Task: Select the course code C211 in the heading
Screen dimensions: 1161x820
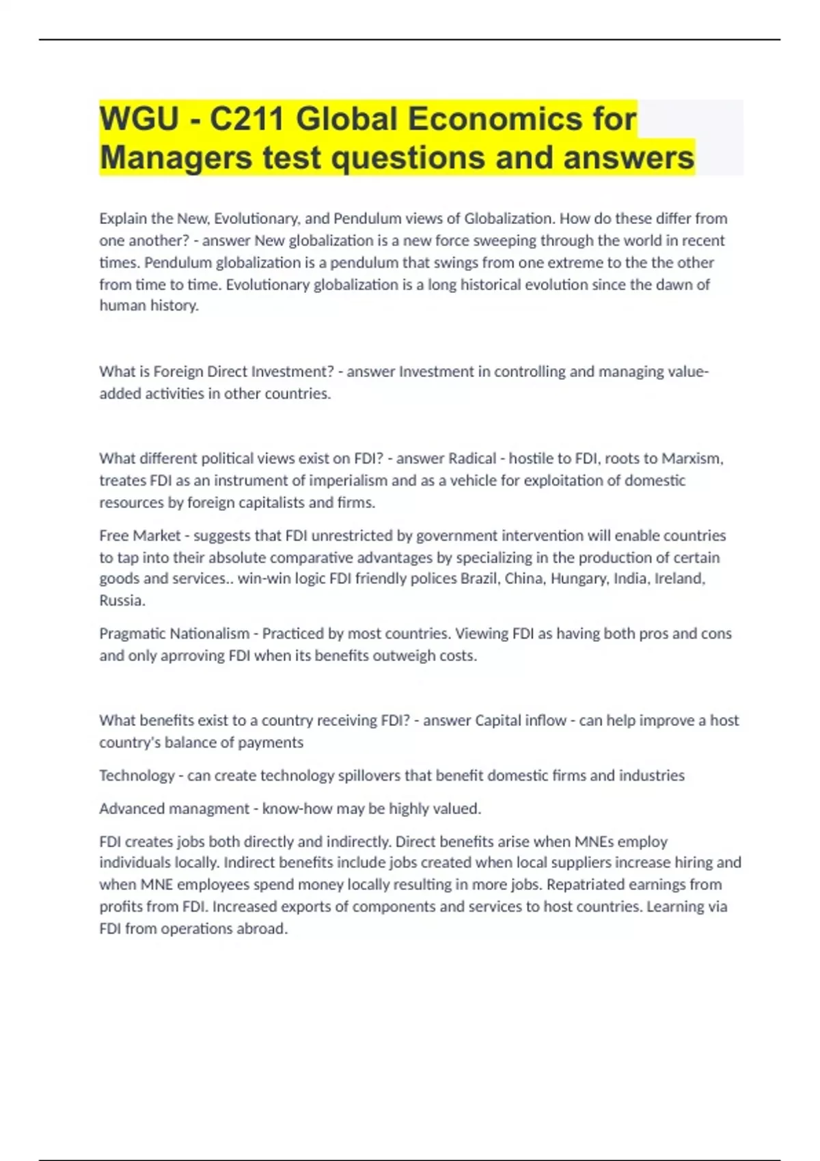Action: point(247,119)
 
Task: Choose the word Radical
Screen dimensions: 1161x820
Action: point(472,458)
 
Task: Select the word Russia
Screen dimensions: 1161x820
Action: point(121,600)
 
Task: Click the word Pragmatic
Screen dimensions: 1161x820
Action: point(131,634)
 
